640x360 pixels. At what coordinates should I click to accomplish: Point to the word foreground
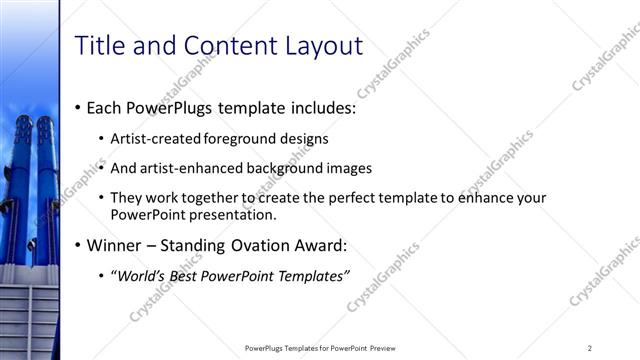241,139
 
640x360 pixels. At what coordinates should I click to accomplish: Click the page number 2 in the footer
590,348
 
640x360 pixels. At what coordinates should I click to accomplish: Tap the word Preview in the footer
386,348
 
